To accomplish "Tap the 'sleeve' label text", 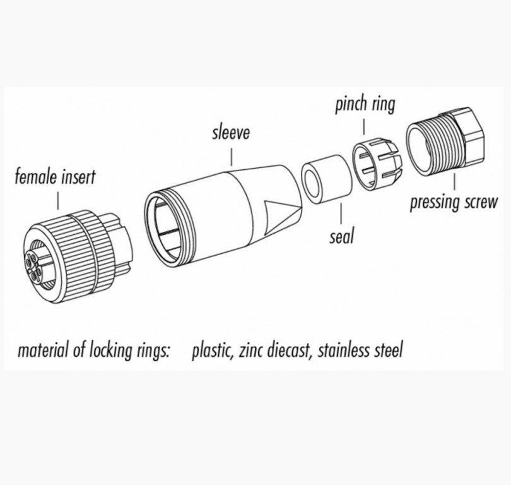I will pos(231,133).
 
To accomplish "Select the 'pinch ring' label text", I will pos(365,104).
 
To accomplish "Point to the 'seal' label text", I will pos(341,237).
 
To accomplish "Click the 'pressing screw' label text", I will pos(453,203).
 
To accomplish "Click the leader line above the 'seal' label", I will pos(340,215).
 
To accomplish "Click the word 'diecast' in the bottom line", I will pos(290,349).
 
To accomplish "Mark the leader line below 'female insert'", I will pos(58,201).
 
